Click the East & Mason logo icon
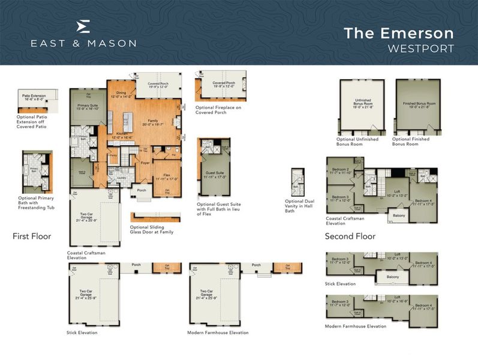click(84, 25)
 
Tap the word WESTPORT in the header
click(420, 48)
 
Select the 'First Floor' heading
click(32, 236)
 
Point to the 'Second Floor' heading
click(350, 236)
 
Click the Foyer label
click(146, 161)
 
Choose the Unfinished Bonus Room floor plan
click(359, 106)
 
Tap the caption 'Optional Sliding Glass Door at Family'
click(152, 230)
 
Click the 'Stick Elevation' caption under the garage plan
click(82, 332)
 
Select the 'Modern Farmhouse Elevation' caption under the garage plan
click(218, 332)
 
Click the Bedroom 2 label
click(341, 170)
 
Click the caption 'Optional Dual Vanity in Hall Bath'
click(299, 205)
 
